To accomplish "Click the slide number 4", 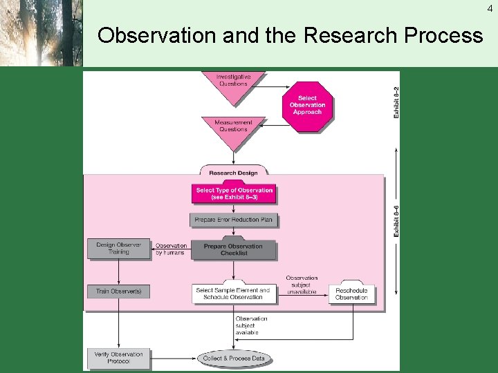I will tap(490, 8).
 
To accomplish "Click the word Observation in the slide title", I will tap(156, 35).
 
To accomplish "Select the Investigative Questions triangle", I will tap(233, 83).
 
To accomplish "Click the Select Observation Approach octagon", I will tap(308, 105).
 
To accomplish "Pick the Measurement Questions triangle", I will tap(233, 128).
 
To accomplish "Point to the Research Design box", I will tap(233, 172).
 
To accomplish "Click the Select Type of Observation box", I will tap(234, 193).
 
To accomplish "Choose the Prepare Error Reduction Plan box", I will tap(234, 220).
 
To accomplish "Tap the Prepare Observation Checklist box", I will tap(234, 249).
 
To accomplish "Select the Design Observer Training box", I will tap(119, 249).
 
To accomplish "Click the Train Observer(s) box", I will tap(119, 291).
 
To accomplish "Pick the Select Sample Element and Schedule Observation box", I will tap(233, 294).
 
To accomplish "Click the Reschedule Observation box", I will tap(351, 294).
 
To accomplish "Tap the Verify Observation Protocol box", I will tap(119, 358).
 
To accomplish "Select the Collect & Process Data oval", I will tap(234, 358).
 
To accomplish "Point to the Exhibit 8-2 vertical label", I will tap(396, 102).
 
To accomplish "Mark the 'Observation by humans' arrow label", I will tap(170, 249).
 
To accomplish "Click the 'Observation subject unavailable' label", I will tap(302, 285).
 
